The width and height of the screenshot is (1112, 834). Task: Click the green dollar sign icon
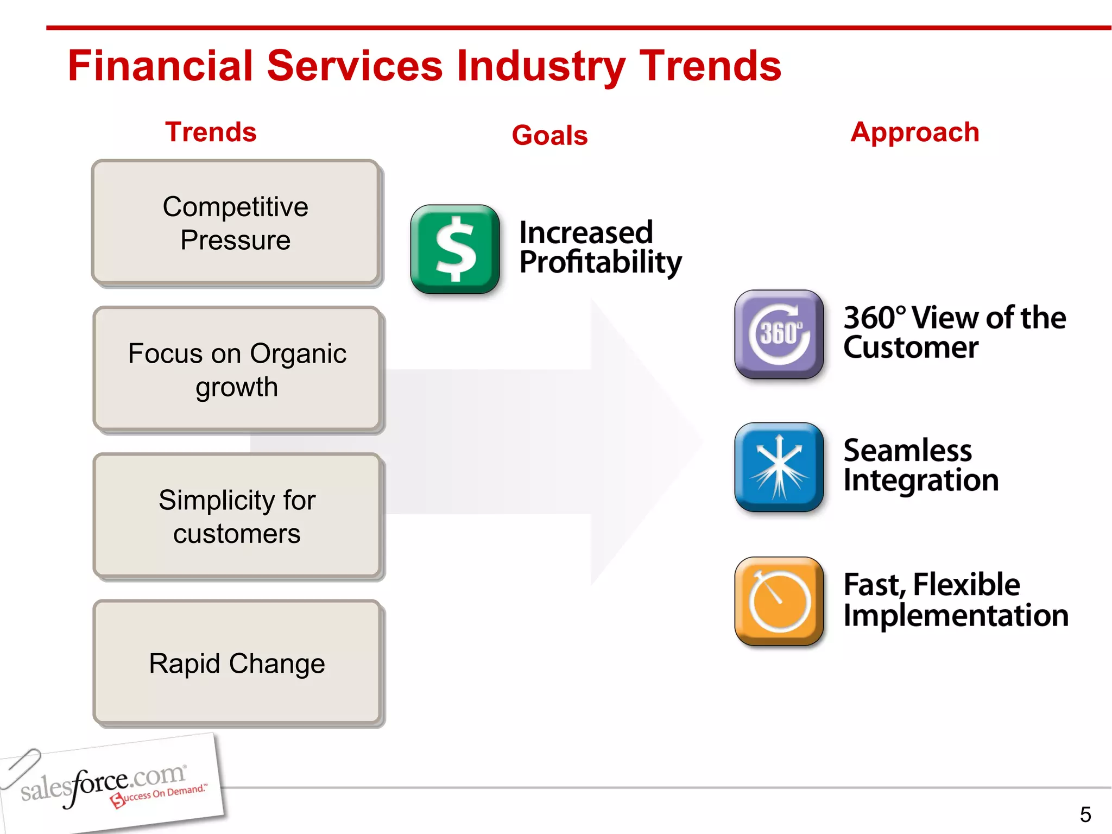tap(455, 249)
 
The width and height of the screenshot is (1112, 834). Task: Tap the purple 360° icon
tap(779, 334)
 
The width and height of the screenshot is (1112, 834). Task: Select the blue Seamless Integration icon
tap(779, 467)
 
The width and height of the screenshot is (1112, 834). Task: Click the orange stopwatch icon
tap(779, 601)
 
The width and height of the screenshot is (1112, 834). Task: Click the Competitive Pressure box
tap(236, 223)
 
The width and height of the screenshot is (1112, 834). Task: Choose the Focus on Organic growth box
tap(237, 370)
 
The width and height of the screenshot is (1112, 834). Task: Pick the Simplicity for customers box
tap(237, 516)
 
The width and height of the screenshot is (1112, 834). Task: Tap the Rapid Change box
tap(237, 663)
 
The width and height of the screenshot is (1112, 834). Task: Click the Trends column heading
tap(211, 132)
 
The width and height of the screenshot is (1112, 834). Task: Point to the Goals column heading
tap(549, 135)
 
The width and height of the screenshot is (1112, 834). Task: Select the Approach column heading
tap(915, 132)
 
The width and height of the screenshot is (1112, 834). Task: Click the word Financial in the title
tap(161, 66)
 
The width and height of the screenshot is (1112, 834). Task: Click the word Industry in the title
tap(541, 66)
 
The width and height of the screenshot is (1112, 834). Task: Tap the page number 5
tap(1085, 814)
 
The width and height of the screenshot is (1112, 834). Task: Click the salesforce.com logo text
tap(103, 784)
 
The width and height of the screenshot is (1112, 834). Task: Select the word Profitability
tap(600, 262)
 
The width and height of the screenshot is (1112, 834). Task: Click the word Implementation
tap(956, 615)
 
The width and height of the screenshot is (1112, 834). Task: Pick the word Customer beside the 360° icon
tap(911, 347)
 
